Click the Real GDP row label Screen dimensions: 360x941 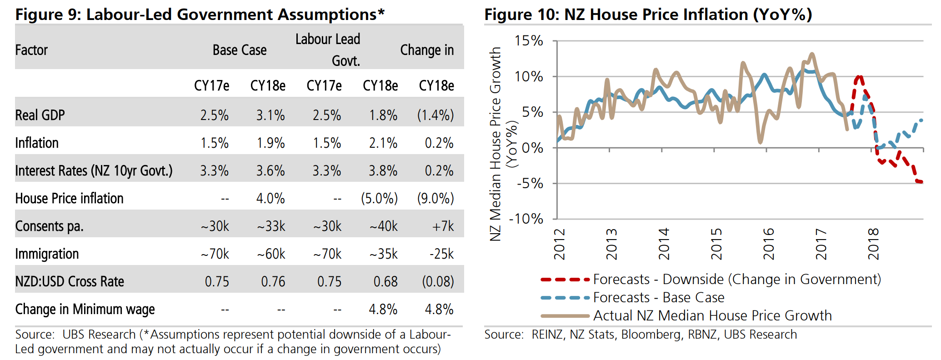click(40, 115)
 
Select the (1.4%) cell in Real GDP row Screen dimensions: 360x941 click(435, 115)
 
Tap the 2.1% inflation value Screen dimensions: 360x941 click(383, 143)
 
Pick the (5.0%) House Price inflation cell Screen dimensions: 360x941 click(379, 198)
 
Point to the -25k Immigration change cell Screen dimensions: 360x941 click(441, 254)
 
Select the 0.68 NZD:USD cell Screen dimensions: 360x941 click(385, 281)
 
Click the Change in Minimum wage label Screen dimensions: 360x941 click(85, 309)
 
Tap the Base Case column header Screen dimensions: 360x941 click(240, 50)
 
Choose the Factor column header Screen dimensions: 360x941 click(31, 50)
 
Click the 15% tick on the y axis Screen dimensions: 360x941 click(529, 41)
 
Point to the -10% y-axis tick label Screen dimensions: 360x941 click(526, 219)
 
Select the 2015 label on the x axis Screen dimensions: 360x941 click(716, 244)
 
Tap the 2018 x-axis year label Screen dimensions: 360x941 click(873, 244)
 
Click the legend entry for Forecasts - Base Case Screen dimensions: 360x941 click(658, 297)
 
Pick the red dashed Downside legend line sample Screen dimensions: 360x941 click(565, 279)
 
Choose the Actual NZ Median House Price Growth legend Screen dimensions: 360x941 click(712, 315)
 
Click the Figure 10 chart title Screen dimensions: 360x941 click(648, 15)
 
